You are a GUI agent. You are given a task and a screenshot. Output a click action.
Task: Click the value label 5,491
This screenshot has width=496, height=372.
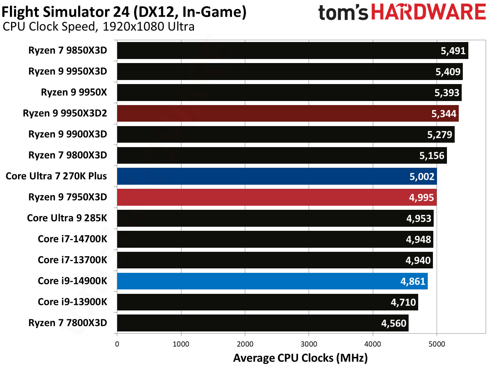click(453, 51)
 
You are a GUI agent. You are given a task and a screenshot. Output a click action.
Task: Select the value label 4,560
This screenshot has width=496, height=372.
click(393, 323)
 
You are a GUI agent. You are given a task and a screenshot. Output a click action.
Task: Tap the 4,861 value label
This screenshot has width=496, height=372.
click(413, 282)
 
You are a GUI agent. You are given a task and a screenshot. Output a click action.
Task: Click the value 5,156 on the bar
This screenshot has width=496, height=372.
click(432, 156)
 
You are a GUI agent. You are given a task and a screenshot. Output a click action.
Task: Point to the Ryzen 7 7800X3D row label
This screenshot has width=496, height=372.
click(67, 323)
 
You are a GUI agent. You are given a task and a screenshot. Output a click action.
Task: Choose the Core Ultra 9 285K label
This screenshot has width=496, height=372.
click(67, 218)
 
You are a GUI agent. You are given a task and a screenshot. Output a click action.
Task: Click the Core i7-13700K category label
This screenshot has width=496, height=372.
click(72, 260)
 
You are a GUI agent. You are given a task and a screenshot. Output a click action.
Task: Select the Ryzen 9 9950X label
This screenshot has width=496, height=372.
click(74, 92)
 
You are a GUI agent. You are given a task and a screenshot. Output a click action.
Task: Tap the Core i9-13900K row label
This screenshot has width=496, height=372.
click(72, 302)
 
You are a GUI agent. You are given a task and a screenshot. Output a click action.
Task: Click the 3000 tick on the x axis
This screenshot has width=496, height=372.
click(309, 344)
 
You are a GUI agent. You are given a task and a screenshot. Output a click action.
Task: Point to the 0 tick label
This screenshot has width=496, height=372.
click(117, 344)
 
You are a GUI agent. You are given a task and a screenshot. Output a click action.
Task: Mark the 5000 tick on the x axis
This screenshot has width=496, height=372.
click(437, 344)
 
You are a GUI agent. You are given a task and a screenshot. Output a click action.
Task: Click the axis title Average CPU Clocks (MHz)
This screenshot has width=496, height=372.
click(300, 358)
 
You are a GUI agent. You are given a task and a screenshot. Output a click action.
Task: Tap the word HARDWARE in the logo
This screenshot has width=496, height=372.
click(428, 12)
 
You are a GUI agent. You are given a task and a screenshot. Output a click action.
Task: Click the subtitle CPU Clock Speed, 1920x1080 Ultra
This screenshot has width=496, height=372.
click(98, 27)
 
